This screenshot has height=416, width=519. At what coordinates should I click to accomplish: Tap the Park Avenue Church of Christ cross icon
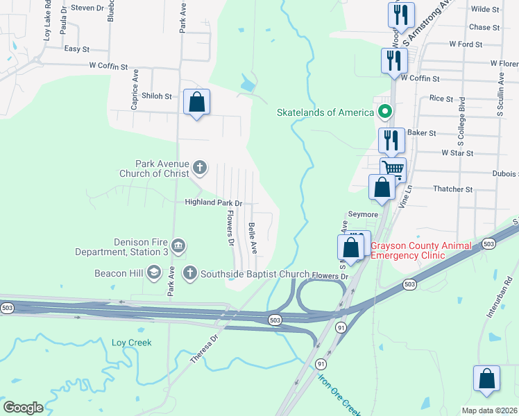[199, 166]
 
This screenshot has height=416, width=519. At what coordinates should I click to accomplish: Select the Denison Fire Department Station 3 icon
[179, 245]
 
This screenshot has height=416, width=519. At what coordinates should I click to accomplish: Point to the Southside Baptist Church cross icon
[189, 273]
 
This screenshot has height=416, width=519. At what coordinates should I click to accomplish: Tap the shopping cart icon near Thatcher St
[393, 168]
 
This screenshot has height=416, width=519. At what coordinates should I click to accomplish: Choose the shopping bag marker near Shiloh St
[197, 103]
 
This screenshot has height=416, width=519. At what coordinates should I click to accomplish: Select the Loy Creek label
[131, 343]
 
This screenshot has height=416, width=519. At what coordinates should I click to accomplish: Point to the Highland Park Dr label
[212, 203]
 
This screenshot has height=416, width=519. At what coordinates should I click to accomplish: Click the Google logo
[24, 407]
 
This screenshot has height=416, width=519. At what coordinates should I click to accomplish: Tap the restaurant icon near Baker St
[391, 140]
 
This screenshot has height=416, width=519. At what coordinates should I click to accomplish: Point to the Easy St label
[76, 49]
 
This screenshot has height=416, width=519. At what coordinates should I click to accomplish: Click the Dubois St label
[504, 173]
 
